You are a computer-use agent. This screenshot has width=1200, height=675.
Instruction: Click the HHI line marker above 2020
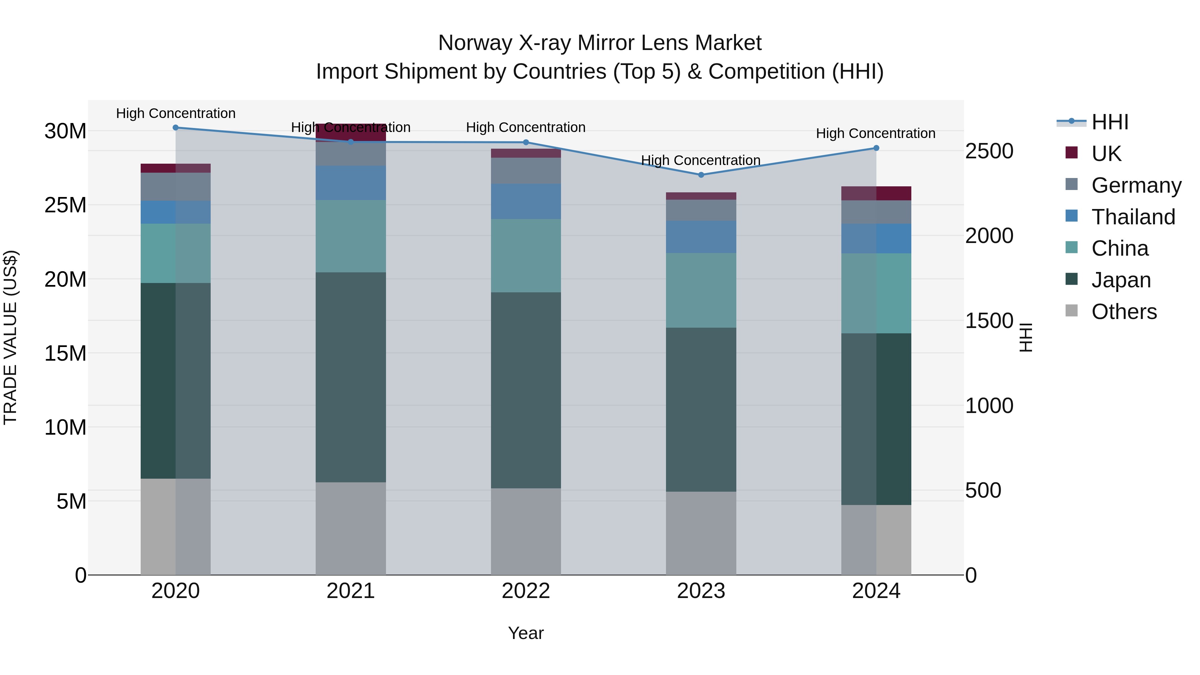click(176, 128)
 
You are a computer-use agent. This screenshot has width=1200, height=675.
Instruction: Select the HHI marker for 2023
click(701, 175)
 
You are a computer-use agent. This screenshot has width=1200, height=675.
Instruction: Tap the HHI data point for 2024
click(876, 148)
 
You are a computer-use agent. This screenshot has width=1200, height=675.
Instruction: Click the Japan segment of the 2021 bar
click(351, 377)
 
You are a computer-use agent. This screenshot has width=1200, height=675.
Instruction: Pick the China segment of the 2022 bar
click(526, 256)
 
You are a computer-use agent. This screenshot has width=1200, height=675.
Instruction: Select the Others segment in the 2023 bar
click(701, 533)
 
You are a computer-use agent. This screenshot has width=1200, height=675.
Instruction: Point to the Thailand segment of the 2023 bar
click(701, 237)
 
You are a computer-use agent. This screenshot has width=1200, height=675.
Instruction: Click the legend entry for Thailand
click(1133, 217)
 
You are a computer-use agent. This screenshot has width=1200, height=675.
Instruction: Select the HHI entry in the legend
click(1110, 122)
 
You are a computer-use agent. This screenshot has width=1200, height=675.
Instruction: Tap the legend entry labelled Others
click(1124, 312)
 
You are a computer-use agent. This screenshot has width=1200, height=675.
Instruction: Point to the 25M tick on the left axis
click(65, 205)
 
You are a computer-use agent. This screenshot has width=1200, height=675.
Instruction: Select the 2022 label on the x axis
click(526, 591)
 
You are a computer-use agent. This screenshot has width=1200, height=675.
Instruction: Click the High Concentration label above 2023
click(701, 160)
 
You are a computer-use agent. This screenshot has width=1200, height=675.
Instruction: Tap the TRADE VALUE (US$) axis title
click(10, 337)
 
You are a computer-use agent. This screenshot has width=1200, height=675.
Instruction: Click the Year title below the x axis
click(526, 633)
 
